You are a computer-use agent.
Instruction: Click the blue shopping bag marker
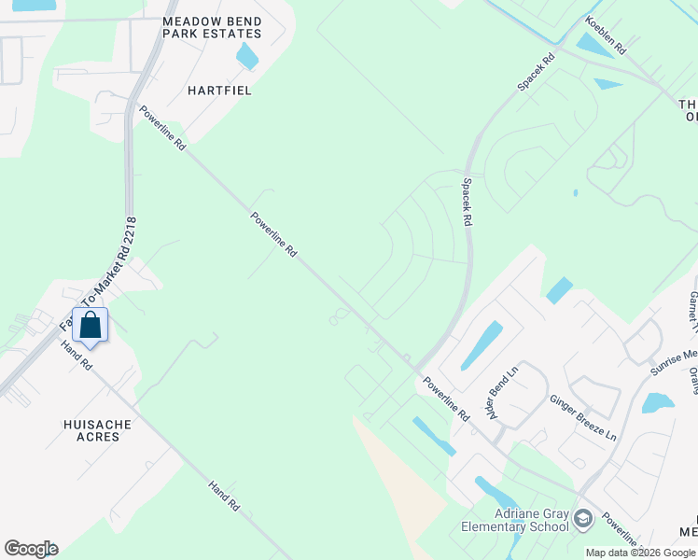[91, 326]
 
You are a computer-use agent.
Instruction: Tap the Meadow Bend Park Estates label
[211, 27]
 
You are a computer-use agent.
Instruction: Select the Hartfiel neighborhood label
[219, 91]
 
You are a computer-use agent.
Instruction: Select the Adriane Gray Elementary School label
[515, 520]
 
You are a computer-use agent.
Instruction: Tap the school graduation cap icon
[582, 517]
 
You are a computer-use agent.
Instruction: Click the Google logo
[31, 549]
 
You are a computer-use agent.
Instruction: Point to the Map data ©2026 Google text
[640, 553]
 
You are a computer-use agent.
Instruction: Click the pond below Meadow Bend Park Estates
[247, 56]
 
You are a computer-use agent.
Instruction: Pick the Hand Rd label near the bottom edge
[225, 497]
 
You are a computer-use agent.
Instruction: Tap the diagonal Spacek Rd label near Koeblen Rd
[537, 72]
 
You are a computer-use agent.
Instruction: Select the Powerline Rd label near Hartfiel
[163, 129]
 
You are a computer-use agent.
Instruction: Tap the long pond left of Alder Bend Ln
[481, 345]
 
